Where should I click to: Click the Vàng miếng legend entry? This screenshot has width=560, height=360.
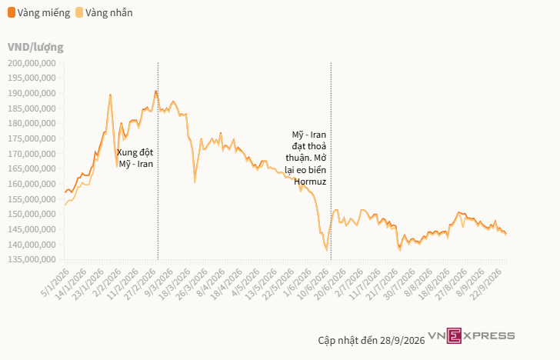pos(39,13)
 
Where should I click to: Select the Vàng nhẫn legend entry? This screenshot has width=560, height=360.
pos(104,13)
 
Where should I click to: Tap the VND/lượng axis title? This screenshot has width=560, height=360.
pos(35,47)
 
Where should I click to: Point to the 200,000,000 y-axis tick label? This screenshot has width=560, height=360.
pos(32,63)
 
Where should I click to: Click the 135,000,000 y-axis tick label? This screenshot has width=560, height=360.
pos(32,259)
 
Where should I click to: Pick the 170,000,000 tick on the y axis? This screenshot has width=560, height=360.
pos(32,154)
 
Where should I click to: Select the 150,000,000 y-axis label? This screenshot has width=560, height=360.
pos(32,215)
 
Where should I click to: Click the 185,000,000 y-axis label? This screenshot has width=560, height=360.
pos(32,108)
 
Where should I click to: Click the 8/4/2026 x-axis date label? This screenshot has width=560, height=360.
pos(210,283)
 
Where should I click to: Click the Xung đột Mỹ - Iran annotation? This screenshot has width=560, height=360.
pos(135,158)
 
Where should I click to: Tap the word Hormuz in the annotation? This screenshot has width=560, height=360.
pos(310,182)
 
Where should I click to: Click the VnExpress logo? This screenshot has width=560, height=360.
pos(472,335)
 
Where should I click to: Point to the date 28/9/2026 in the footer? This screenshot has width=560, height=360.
pos(402,340)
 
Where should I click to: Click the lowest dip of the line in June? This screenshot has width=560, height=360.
pos(326,250)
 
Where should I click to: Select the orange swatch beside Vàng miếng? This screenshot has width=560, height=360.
pos(12,13)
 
